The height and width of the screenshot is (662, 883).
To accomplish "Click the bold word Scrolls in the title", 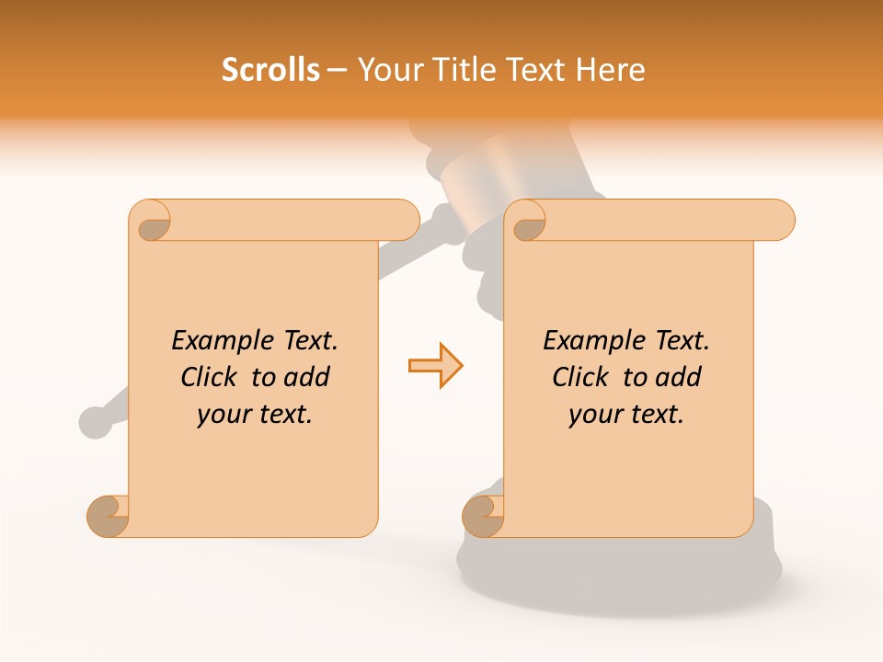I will point(270,70).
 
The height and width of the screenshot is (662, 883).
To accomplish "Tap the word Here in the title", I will point(611,70).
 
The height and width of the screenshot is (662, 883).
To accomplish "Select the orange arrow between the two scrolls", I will point(435,366).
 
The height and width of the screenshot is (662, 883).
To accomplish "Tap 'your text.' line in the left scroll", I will point(255,415).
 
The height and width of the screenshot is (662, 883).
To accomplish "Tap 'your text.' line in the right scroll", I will point(626,415).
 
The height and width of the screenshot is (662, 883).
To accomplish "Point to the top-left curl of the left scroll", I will point(152,222).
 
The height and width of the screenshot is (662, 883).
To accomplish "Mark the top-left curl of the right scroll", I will point(527,222).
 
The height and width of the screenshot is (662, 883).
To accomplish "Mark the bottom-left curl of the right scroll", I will point(484,517).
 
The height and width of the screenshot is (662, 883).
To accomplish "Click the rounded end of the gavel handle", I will point(95,421).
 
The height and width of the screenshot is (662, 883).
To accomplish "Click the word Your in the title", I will point(387,70).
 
